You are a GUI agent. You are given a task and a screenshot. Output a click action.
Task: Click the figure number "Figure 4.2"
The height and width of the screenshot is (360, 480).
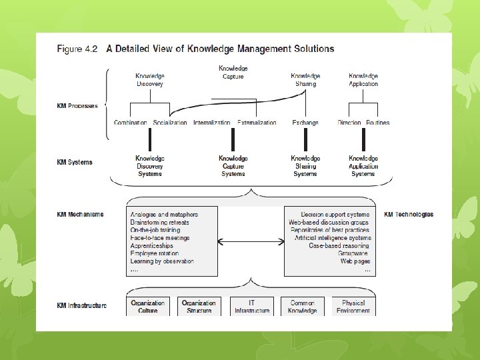coord(78,49)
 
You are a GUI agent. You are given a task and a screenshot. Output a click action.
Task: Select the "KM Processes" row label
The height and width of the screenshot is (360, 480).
coord(77,106)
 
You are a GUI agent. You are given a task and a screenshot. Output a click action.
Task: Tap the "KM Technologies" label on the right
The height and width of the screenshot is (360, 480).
coord(409,215)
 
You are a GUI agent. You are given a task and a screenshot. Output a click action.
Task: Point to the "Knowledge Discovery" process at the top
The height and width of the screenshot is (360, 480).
coord(150,80)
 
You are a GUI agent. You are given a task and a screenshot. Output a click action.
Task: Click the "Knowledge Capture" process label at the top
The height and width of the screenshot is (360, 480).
coord(233,72)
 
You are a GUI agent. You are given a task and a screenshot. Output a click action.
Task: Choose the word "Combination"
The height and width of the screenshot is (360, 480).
coord(131,123)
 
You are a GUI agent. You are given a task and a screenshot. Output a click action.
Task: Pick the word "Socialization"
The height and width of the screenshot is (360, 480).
coord(170,123)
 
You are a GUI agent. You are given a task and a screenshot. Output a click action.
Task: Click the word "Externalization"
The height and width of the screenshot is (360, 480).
coord(257,123)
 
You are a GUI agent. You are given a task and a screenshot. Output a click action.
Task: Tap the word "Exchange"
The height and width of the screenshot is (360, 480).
coord(305,123)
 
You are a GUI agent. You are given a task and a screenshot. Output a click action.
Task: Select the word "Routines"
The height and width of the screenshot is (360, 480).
coord(377,123)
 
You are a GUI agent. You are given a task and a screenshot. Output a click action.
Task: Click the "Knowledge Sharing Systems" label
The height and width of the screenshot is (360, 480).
coord(305,166)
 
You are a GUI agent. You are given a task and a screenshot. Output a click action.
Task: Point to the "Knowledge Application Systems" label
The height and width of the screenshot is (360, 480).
coord(363,166)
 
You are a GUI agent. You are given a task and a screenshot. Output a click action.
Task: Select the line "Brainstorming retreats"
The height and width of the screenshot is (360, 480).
coord(160,223)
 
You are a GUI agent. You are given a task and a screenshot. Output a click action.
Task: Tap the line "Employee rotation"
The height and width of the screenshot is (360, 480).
coord(155,253)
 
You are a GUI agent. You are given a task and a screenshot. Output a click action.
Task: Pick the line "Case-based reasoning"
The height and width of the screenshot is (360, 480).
coord(339,245)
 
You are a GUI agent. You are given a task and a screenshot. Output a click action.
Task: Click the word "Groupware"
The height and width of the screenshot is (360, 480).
coord(353,253)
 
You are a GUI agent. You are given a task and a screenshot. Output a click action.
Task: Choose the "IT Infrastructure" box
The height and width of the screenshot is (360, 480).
coord(252,307)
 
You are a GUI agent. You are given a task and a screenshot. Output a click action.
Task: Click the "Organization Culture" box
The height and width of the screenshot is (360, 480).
coord(148,307)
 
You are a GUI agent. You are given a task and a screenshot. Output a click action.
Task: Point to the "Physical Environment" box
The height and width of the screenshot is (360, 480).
coord(353,307)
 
